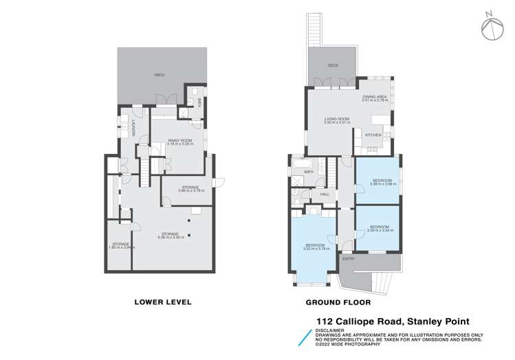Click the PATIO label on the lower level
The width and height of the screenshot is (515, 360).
pyautogui.click(x=159, y=74)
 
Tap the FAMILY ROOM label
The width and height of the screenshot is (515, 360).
pyautogui.click(x=179, y=140)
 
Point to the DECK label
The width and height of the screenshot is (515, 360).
pyautogui.click(x=333, y=65)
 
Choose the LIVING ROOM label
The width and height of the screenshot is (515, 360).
pyautogui.click(x=337, y=119)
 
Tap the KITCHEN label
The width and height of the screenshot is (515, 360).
pyautogui.click(x=373, y=135)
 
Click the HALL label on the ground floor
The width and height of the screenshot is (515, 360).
pyautogui.click(x=325, y=194)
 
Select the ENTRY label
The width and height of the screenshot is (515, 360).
pyautogui.click(x=358, y=258)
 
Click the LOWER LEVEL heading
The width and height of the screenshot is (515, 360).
pyautogui.click(x=163, y=302)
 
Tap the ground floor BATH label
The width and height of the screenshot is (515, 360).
pyautogui.click(x=309, y=171)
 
